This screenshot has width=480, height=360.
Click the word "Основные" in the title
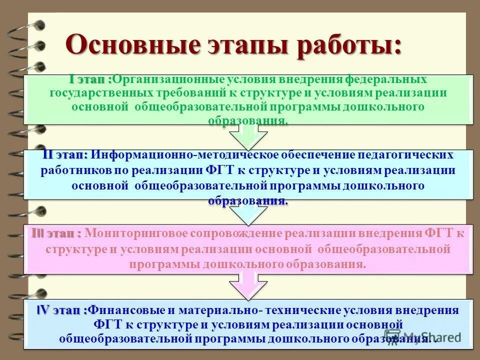(x=133, y=45)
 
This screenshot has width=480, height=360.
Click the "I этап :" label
(x=90, y=79)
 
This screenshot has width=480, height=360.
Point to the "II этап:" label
(x=65, y=155)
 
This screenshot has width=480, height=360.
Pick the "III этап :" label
(x=56, y=233)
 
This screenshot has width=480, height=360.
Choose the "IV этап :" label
(x=62, y=310)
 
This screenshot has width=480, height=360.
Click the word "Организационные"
(x=168, y=80)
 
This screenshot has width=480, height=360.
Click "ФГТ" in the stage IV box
(x=107, y=324)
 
